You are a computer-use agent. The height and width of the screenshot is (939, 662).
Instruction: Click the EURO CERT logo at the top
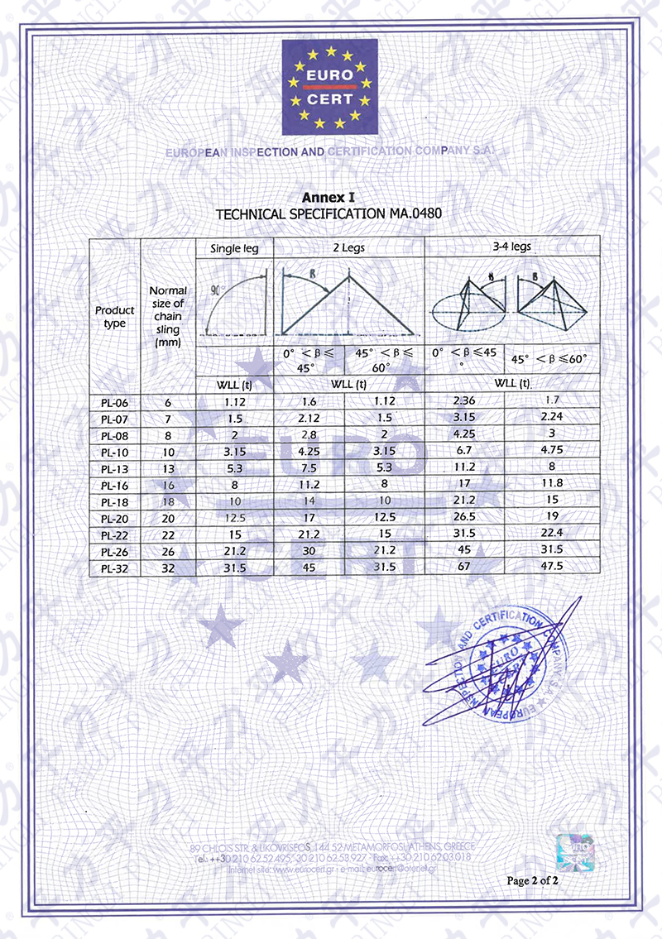[x=331, y=87]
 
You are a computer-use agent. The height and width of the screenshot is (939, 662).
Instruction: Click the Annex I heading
[x=328, y=198]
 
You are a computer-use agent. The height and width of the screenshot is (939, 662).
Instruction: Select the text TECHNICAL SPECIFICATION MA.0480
[x=329, y=213]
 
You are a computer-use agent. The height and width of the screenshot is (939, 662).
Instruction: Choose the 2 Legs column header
[x=348, y=247]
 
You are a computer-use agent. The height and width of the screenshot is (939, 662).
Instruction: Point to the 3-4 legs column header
[x=511, y=247]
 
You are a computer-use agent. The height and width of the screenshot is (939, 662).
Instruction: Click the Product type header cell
[x=115, y=316]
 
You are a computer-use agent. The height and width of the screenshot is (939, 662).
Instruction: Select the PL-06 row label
[x=115, y=403]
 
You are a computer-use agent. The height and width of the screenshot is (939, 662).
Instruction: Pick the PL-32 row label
[x=115, y=568]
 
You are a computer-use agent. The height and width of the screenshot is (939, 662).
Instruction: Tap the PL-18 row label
[x=115, y=501]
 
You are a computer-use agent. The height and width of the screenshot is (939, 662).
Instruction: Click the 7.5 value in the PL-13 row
[x=309, y=468]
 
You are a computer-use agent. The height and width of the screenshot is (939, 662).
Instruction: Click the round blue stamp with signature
[x=501, y=666]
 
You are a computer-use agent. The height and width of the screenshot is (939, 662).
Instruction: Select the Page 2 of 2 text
[x=533, y=880]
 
